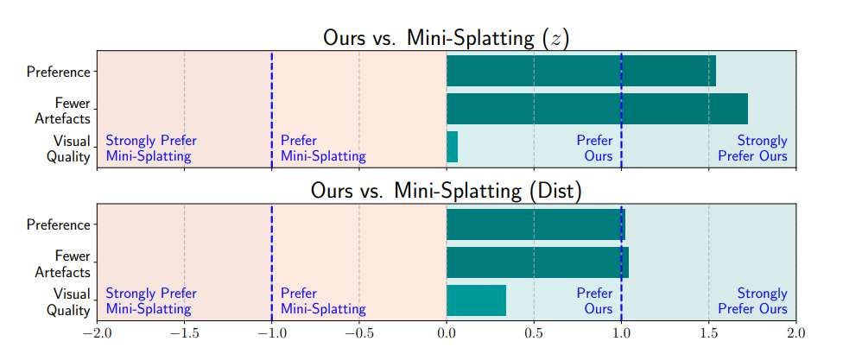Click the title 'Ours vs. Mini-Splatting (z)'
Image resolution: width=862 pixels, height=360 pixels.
[446, 38]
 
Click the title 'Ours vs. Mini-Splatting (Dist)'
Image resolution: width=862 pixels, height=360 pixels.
[446, 192]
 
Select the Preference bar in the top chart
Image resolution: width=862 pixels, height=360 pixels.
[580, 71]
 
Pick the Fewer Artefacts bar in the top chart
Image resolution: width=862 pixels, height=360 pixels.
[597, 109]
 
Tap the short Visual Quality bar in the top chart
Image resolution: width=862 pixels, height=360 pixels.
[452, 147]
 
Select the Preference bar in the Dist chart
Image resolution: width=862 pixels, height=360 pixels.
[536, 224]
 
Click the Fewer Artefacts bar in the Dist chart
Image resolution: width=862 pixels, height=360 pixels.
[537, 262]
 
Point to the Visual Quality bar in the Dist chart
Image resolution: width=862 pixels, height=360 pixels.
[476, 300]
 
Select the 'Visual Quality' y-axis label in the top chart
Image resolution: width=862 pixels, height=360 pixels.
[71, 148]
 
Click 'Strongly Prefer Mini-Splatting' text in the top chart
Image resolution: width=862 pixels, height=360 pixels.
[150, 148]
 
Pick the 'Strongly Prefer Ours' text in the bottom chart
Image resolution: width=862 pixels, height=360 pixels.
[752, 301]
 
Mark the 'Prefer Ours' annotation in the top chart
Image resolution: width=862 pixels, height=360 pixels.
[594, 148]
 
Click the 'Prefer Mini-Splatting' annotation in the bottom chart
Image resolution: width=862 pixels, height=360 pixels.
[323, 301]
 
